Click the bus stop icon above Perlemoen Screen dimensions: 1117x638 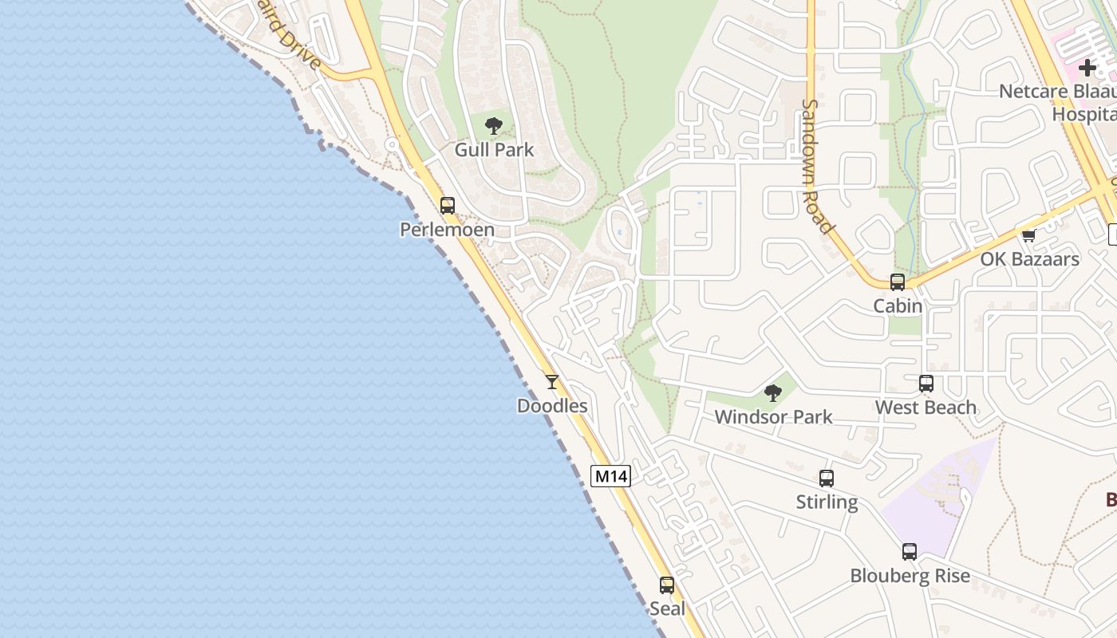pyautogui.click(x=448, y=205)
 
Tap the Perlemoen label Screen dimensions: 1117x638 pyautogui.click(x=447, y=230)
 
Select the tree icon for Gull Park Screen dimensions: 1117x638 pyautogui.click(x=494, y=125)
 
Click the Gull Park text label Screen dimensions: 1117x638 pyautogui.click(x=494, y=149)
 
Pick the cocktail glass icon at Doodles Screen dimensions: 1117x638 pyautogui.click(x=552, y=382)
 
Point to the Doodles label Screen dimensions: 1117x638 pyautogui.click(x=552, y=406)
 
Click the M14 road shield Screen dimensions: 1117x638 pyautogui.click(x=611, y=476)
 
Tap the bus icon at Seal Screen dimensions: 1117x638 pyautogui.click(x=667, y=585)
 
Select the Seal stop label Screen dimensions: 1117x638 pyautogui.click(x=667, y=608)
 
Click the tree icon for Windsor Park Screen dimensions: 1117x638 pyautogui.click(x=772, y=392)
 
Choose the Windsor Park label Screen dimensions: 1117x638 pyautogui.click(x=773, y=416)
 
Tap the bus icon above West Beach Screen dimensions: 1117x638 pyautogui.click(x=926, y=384)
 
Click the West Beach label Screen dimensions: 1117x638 pyautogui.click(x=926, y=408)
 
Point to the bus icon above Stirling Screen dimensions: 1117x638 pyautogui.click(x=827, y=478)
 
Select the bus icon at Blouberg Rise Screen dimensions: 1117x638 pyautogui.click(x=910, y=552)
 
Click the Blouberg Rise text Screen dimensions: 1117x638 pyautogui.click(x=910, y=576)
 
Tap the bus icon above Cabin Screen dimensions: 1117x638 pyautogui.click(x=898, y=282)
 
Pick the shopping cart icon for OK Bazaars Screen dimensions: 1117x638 pyautogui.click(x=1029, y=235)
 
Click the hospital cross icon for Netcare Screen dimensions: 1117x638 pyautogui.click(x=1087, y=68)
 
